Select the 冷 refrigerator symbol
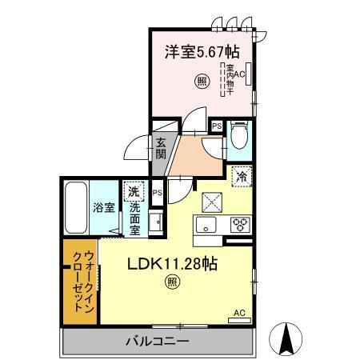[x=241, y=177]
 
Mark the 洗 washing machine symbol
[x=134, y=192]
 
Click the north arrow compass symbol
[x=286, y=338]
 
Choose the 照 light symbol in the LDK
[x=172, y=280]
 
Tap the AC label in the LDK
[x=238, y=313]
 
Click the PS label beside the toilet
[x=216, y=126]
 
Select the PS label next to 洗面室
[x=158, y=193]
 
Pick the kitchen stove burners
[x=241, y=225]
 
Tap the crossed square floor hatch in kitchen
[x=211, y=201]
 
